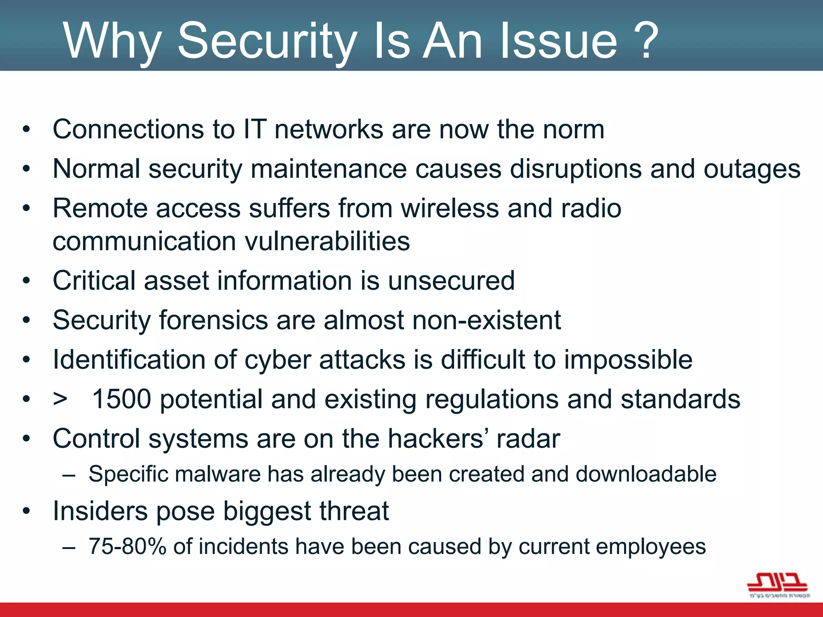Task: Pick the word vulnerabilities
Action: (x=327, y=241)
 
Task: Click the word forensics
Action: (x=213, y=320)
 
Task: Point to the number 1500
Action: (x=122, y=399)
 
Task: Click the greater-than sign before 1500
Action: (x=60, y=399)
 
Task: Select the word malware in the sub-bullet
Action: (x=217, y=474)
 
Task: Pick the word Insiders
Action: (x=100, y=511)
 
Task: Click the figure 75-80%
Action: (x=127, y=547)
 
